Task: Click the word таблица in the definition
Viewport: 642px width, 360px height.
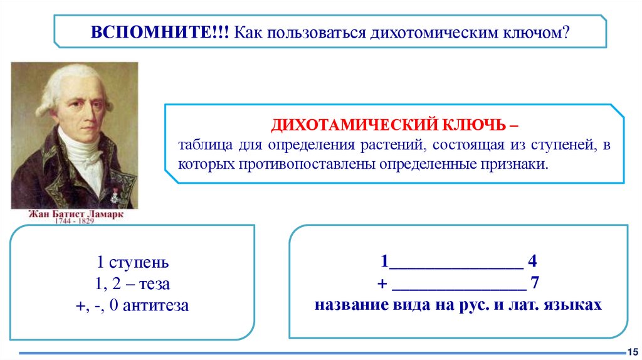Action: [204, 146]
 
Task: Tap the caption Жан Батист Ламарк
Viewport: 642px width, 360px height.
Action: [75, 214]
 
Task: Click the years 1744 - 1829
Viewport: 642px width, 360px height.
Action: [75, 221]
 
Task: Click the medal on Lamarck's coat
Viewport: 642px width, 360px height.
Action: [115, 196]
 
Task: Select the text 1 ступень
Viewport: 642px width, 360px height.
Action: [132, 263]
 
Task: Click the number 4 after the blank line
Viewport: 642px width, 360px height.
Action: [532, 262]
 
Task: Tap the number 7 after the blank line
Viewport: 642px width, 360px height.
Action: [535, 283]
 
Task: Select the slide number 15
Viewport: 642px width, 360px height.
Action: [632, 351]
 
